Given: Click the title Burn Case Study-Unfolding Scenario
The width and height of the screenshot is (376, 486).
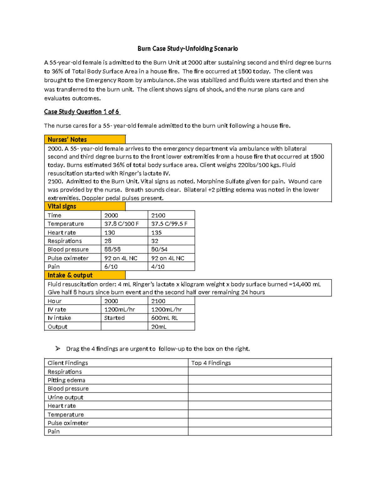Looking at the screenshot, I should [188, 49].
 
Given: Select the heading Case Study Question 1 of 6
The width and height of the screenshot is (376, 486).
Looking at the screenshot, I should [82, 112].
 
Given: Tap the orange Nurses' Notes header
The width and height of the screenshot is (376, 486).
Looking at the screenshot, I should [85, 140].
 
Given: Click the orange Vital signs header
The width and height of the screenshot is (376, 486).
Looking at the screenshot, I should [85, 206].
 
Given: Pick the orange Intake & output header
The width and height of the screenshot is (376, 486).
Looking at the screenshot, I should [85, 275].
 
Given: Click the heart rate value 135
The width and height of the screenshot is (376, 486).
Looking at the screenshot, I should [156, 233].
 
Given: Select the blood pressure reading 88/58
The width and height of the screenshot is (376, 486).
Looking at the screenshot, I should [112, 249].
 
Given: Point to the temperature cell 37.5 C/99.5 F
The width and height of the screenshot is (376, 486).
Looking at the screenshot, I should [169, 224].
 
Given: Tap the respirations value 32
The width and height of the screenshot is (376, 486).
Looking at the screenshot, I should [155, 241].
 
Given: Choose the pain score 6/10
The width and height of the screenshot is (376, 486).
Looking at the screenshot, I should [111, 267].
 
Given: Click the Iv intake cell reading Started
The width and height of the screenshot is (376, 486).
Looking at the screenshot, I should [114, 318].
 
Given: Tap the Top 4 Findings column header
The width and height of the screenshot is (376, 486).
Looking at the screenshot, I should [211, 363].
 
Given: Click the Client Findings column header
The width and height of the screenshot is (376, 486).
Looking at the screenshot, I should [68, 363].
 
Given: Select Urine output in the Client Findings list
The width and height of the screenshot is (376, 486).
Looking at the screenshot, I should [65, 397].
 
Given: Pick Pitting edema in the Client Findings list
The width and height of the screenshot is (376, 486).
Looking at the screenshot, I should [66, 380].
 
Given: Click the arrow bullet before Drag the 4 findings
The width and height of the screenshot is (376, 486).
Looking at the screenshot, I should [58, 348].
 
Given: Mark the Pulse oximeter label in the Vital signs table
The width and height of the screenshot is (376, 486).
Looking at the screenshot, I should [68, 258].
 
